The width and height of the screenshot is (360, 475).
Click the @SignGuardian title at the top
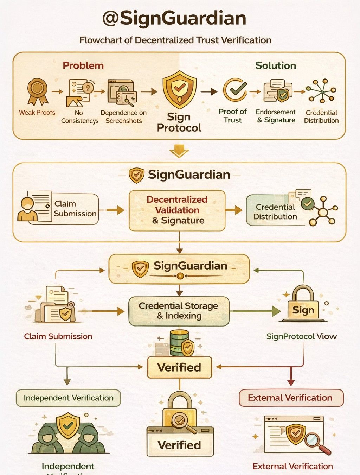174,18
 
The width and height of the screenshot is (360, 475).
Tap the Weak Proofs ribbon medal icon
37,91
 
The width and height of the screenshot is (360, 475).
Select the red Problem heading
83,65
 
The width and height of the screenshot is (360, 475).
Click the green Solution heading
276,65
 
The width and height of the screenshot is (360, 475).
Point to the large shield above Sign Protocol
179,89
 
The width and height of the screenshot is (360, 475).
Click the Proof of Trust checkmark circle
235,89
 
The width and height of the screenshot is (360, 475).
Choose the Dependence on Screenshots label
123,116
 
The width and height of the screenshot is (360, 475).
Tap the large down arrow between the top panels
179,151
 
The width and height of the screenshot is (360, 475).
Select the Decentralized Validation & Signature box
177,210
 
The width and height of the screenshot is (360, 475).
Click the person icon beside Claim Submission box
27,210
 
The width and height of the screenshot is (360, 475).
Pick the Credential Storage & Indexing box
179,311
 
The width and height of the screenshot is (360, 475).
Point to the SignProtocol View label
301,336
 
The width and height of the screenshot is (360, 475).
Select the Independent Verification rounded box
69,398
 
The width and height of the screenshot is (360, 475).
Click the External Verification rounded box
290,398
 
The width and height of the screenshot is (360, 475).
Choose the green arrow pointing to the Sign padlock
274,311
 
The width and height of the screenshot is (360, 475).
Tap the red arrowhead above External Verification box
291,382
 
